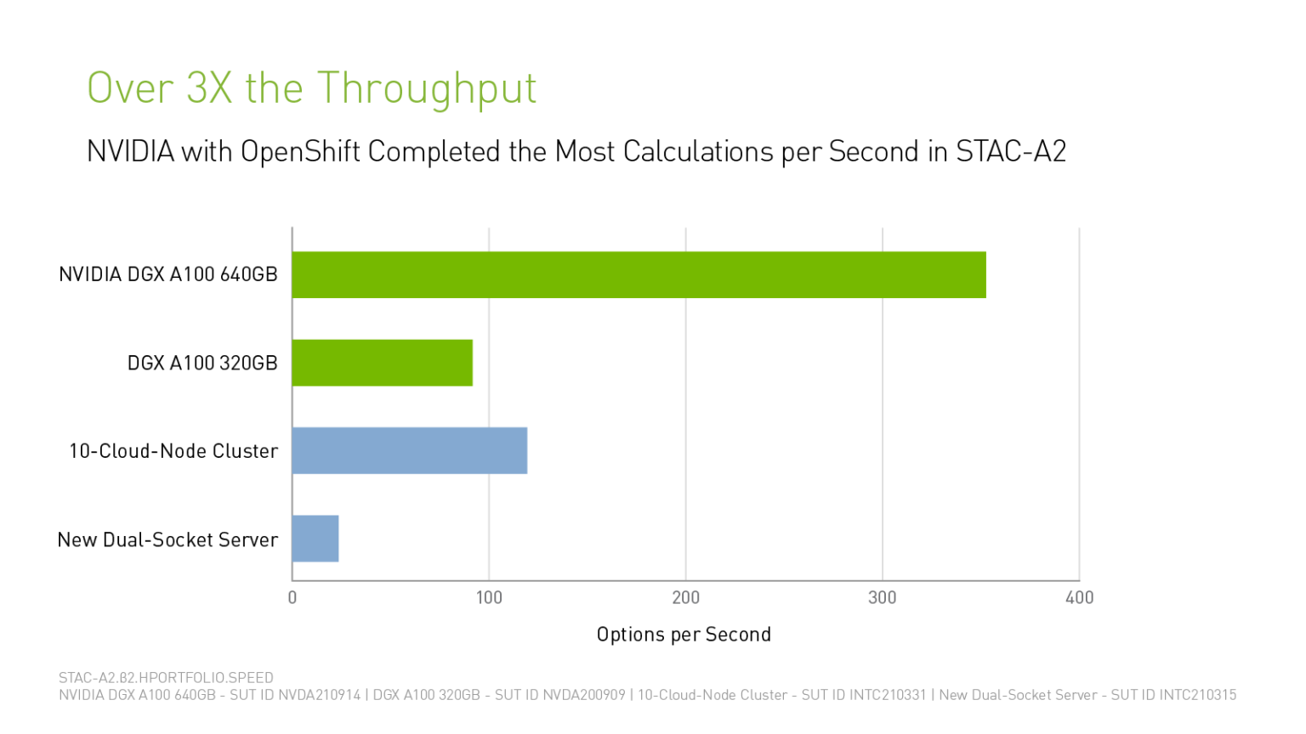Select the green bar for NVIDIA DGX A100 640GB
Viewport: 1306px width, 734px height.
tap(638, 274)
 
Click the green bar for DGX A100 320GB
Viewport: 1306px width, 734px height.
tap(382, 363)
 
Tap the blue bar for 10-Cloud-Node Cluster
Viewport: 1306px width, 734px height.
tap(409, 450)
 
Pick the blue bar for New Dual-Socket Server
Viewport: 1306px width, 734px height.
tap(315, 539)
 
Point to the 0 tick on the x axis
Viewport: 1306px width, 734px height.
tap(292, 597)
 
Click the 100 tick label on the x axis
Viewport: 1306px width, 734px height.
tap(489, 597)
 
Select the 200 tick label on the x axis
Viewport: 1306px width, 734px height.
tap(685, 597)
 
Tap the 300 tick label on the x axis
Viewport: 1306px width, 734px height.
tap(882, 597)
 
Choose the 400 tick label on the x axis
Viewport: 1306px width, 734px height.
tap(1079, 597)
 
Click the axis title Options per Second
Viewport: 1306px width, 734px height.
tap(684, 635)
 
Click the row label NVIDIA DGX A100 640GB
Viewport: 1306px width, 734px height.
tap(168, 274)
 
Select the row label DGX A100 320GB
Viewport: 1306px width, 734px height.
tap(202, 363)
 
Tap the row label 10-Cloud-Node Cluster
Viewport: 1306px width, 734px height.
tap(173, 451)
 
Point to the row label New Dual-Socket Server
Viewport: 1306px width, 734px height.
tap(168, 539)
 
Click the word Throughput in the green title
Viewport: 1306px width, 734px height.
tap(427, 88)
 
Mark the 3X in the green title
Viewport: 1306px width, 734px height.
tap(209, 88)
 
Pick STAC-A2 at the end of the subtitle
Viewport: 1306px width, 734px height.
tap(1010, 152)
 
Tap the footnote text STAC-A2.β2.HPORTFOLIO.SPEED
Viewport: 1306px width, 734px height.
tap(166, 678)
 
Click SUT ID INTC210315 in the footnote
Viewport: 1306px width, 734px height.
tap(1173, 695)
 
